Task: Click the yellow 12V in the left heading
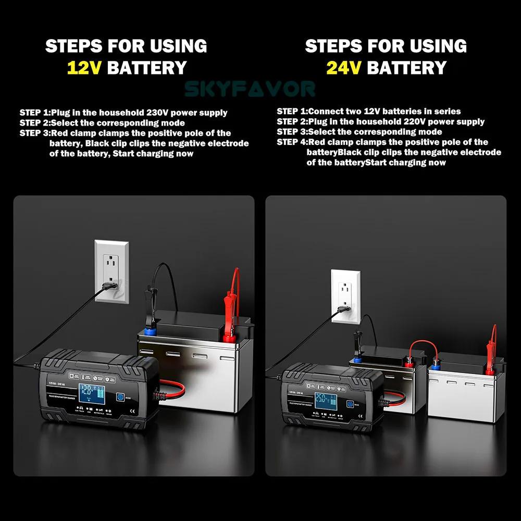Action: click(x=85, y=68)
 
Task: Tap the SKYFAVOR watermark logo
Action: click(x=250, y=89)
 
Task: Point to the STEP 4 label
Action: click(x=292, y=142)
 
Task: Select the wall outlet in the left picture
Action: click(x=111, y=271)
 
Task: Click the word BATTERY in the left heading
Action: click(x=146, y=68)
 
